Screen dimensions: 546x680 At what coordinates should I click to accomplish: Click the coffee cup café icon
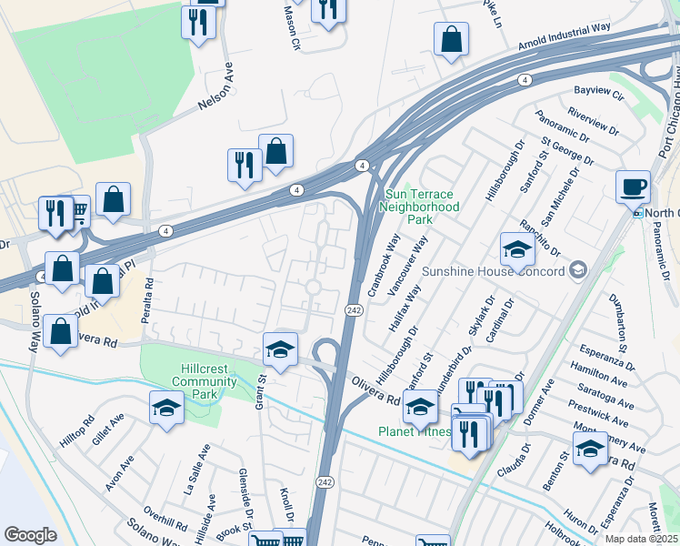point(633,187)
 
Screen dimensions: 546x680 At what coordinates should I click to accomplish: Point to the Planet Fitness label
point(415,431)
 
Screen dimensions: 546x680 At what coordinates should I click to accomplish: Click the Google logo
point(30,534)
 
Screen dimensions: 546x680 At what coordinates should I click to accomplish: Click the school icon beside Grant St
point(280,349)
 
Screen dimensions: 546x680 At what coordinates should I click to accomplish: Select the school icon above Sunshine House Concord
point(516,250)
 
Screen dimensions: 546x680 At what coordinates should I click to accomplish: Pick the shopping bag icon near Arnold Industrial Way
point(451,40)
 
